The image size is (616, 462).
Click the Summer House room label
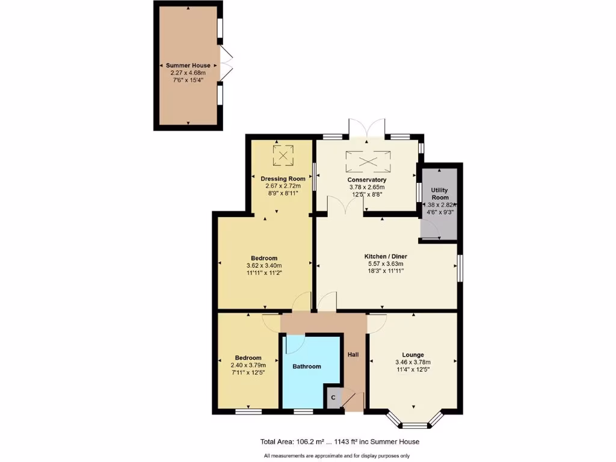pos(188,66)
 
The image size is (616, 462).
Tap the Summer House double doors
pos(226,63)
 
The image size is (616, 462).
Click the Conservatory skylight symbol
pos(368,161)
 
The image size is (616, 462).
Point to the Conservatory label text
pos(366,180)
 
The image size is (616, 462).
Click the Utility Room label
pos(440,194)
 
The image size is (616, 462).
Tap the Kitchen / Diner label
pos(383,256)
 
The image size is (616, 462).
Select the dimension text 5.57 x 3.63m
pos(383,263)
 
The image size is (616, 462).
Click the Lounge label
pos(413,354)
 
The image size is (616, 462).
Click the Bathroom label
pos(307,366)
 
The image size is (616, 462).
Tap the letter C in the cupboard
pos(333,398)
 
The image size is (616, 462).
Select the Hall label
pos(353,354)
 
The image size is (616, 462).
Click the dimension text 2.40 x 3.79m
pos(248,365)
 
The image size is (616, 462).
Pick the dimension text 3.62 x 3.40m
pos(264,265)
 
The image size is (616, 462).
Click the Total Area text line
pos(340,442)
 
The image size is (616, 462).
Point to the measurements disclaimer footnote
pos(336,455)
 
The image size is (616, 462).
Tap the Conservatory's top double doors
pos(366,128)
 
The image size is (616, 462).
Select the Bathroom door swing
pos(294,343)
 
